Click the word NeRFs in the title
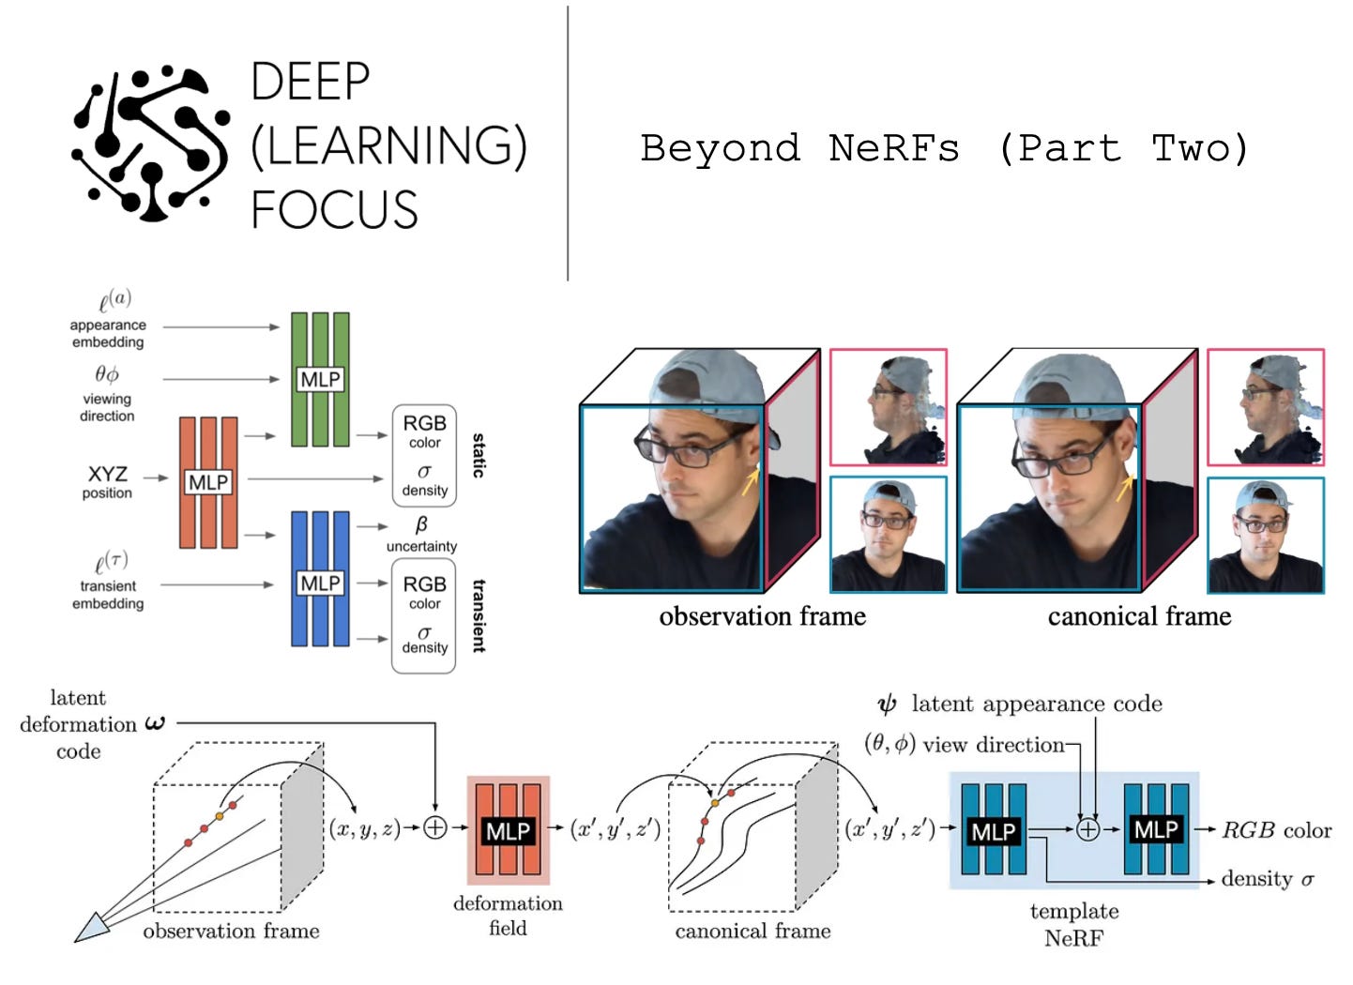(x=893, y=148)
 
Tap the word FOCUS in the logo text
(x=334, y=209)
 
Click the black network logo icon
(x=150, y=143)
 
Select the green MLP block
(x=320, y=379)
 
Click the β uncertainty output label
(x=421, y=535)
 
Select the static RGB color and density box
(x=424, y=456)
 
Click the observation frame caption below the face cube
(x=762, y=616)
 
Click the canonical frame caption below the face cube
(x=1139, y=616)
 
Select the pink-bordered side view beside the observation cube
(x=888, y=407)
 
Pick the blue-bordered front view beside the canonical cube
(x=1265, y=535)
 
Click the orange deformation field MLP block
(x=508, y=830)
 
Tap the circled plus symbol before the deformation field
(x=435, y=827)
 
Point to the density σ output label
(x=1267, y=879)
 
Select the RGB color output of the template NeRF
(x=1276, y=830)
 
